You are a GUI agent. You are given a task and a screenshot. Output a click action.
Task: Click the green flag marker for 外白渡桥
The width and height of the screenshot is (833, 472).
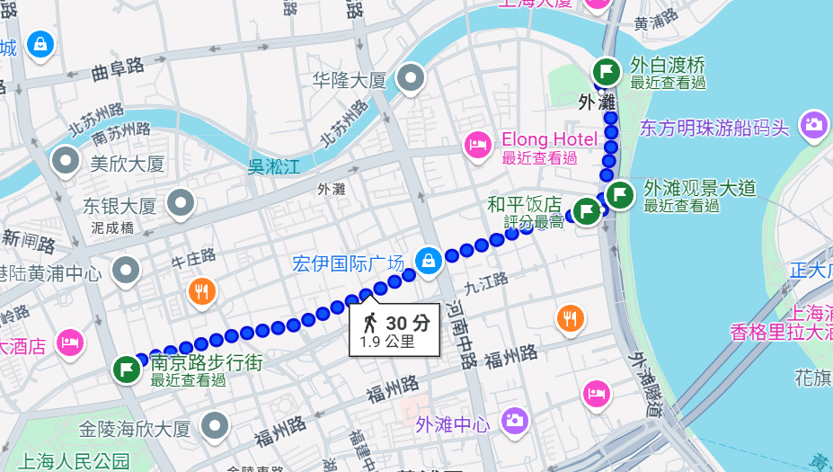click(607, 70)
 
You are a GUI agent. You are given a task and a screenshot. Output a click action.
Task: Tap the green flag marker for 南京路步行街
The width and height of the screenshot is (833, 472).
click(127, 369)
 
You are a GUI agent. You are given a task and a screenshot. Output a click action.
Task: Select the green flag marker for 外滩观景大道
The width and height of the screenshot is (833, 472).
click(620, 193)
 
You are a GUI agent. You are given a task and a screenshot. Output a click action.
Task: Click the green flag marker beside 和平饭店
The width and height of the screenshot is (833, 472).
click(587, 211)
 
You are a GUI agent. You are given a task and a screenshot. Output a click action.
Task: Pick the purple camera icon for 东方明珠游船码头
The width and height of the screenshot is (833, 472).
click(813, 124)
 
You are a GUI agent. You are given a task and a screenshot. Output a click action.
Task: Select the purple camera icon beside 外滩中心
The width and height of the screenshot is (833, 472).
click(514, 419)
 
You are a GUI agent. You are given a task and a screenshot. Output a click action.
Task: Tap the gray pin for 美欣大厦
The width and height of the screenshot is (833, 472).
click(66, 161)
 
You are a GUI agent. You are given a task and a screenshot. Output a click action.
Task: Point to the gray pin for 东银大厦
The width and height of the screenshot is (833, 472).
click(182, 203)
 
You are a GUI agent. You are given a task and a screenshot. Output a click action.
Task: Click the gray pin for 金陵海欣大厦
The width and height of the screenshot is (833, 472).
click(215, 425)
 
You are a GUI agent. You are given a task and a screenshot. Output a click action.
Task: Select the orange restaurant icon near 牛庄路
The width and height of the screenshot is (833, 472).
click(202, 290)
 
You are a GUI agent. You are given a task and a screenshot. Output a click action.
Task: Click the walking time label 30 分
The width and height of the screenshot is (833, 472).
click(407, 324)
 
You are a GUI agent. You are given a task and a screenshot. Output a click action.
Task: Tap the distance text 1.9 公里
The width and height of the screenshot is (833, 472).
click(387, 342)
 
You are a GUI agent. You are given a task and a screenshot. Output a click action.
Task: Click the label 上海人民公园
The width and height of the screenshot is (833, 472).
click(74, 461)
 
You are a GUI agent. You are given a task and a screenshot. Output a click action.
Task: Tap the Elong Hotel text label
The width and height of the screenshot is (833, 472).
click(549, 139)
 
